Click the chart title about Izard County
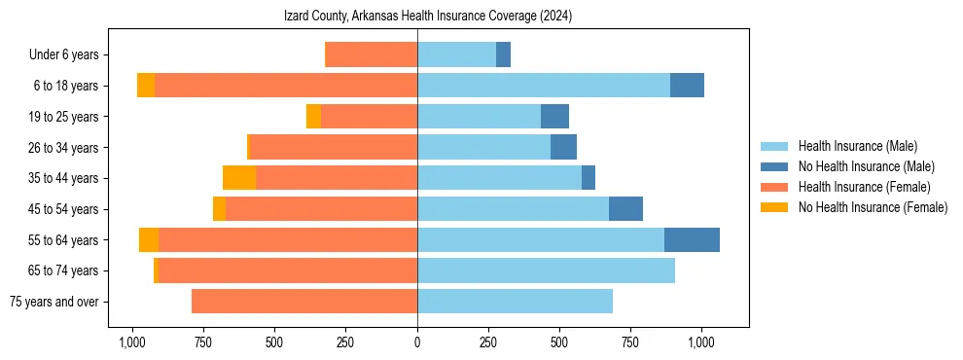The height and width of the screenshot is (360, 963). [x=427, y=17]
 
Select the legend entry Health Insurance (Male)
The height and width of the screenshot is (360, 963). [x=856, y=146]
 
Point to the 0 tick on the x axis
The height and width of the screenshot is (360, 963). [x=417, y=342]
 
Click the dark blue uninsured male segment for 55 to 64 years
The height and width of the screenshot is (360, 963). [x=692, y=240]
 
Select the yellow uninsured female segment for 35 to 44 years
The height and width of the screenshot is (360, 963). [x=239, y=178]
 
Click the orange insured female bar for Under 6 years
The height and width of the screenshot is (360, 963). [x=371, y=54]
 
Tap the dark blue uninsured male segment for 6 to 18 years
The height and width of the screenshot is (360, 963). [x=687, y=86]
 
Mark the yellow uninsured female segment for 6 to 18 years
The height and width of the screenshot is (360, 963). [x=146, y=86]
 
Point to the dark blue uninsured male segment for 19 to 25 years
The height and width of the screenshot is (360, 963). [x=554, y=117]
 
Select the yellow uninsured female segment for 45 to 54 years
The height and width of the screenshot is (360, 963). [x=219, y=209]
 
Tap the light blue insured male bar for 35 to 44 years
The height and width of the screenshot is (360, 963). [x=499, y=178]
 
